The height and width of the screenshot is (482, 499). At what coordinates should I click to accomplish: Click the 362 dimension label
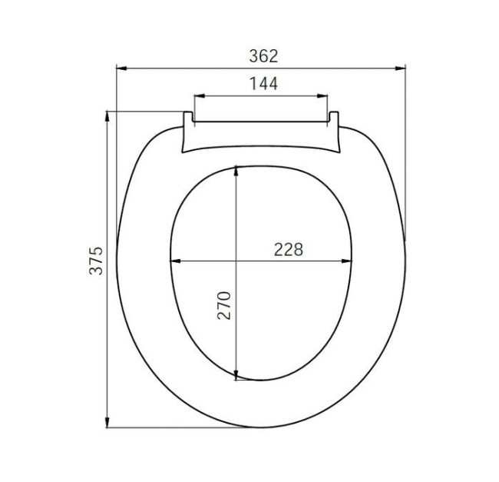tap(263, 56)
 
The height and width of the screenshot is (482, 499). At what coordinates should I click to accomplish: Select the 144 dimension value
tap(263, 83)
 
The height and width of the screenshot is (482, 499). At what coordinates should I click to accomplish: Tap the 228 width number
tap(289, 250)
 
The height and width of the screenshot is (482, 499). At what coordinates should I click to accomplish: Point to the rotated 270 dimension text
tap(223, 305)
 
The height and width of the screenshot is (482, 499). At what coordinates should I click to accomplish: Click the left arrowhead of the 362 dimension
tap(121, 68)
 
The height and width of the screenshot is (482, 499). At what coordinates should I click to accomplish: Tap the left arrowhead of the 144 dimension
tap(197, 96)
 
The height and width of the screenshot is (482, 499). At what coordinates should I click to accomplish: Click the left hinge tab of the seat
tap(187, 118)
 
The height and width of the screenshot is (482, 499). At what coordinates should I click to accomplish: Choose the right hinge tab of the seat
tap(334, 118)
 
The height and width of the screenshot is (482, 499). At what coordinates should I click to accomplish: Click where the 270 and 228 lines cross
tap(237, 261)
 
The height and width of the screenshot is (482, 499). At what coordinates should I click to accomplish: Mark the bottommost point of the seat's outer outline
tap(261, 427)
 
